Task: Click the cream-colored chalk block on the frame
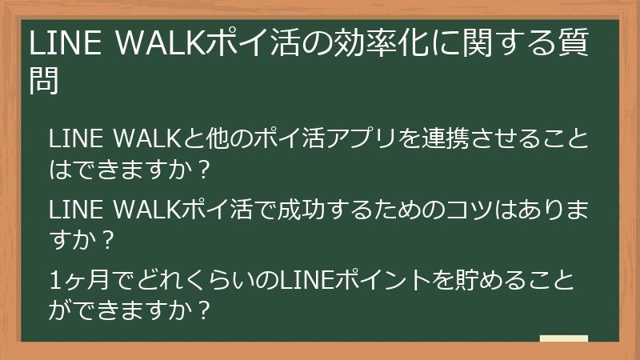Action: click(x=564, y=338)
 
